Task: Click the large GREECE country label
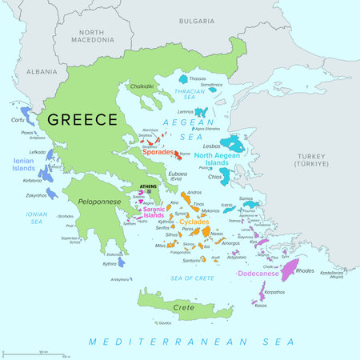[x=81, y=120]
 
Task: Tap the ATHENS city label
[x=149, y=187]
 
